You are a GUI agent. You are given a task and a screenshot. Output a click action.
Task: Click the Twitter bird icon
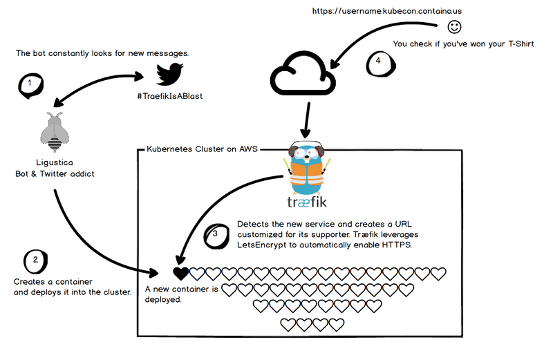tap(169, 75)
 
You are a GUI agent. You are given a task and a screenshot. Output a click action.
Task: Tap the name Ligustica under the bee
tap(54, 162)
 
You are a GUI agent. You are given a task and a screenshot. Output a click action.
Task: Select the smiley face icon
tap(454, 27)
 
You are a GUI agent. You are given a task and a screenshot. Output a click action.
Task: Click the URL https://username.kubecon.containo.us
tap(377, 11)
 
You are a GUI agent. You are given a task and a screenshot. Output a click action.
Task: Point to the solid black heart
tap(180, 274)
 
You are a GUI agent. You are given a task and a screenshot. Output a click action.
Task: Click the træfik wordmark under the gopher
tap(307, 202)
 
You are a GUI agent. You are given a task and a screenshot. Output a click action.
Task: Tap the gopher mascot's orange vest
tap(307, 173)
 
